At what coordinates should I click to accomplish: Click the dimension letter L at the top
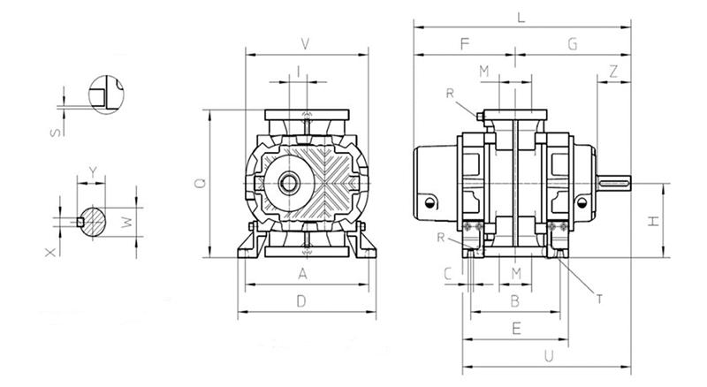(521, 17)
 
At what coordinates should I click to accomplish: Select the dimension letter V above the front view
(305, 42)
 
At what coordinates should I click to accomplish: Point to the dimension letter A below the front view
(302, 274)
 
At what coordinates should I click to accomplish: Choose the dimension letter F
(463, 42)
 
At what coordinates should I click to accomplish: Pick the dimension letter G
(572, 42)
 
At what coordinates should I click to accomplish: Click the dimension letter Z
(613, 73)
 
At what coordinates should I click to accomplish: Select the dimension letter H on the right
(653, 221)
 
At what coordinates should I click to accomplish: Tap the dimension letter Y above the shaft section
(92, 171)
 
